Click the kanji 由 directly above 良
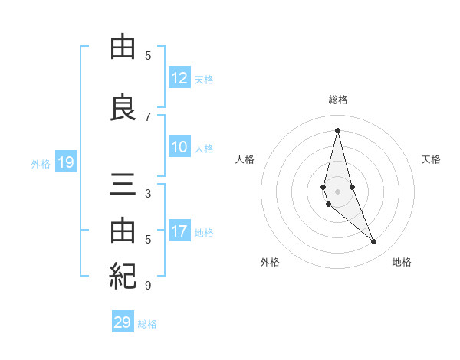coord(123,47)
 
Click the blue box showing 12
coord(179,78)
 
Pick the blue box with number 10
coord(179,148)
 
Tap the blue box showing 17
coord(179,232)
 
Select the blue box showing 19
coord(66,162)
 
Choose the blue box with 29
coord(123,322)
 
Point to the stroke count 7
coord(148,116)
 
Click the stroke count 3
coord(148,193)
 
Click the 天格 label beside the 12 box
coord(204,79)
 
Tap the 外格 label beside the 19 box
coord(41,163)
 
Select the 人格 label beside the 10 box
coord(204,149)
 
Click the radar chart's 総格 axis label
coord(337,100)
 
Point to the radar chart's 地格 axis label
coord(402,262)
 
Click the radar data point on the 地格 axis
coord(373,242)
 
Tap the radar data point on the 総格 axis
coord(337,129)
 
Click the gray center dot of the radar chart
coord(337,191)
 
